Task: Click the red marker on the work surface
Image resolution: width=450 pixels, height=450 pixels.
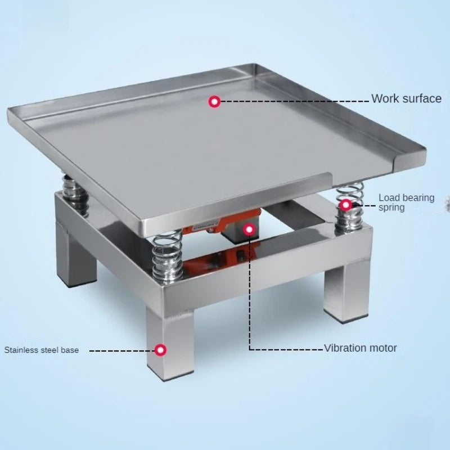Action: [x=214, y=102]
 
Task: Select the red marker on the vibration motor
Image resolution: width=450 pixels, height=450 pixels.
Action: [x=248, y=229]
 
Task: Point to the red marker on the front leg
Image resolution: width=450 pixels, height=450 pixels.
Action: [x=161, y=350]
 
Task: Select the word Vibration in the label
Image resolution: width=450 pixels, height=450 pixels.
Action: [x=346, y=348]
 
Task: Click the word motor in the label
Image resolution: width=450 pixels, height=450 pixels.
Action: [x=383, y=348]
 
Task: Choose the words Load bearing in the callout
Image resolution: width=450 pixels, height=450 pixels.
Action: [x=406, y=197]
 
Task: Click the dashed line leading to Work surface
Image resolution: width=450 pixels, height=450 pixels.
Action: [x=292, y=101]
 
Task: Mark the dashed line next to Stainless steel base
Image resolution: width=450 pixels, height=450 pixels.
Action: [x=121, y=350]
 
